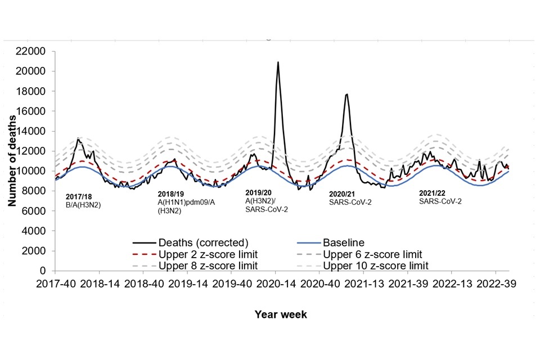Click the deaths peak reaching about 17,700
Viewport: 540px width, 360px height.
pyautogui.click(x=347, y=94)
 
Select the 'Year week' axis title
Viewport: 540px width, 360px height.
pyautogui.click(x=281, y=314)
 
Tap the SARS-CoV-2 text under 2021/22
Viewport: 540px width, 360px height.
pyautogui.click(x=440, y=201)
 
